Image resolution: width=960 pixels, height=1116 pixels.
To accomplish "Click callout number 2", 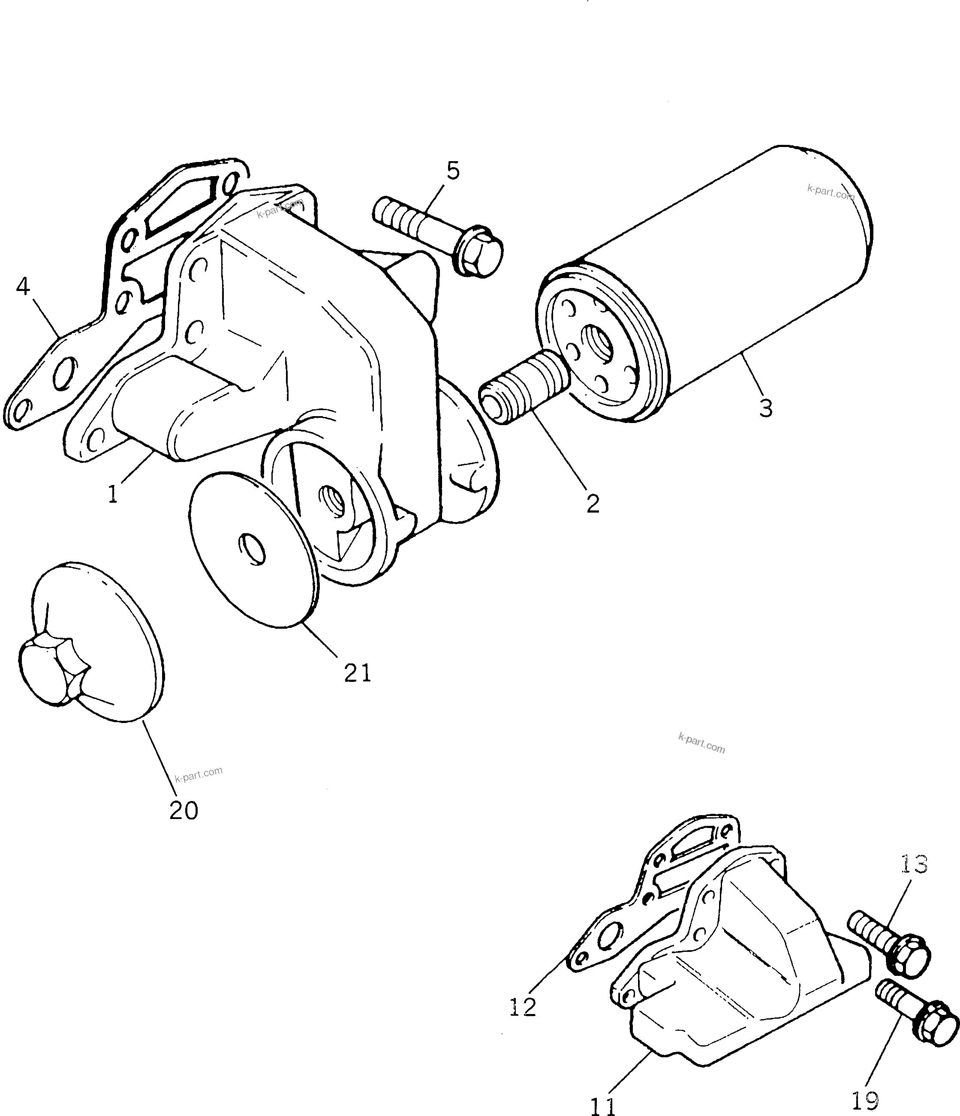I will [x=593, y=504].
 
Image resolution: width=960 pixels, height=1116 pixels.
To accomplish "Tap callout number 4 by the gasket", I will [x=23, y=287].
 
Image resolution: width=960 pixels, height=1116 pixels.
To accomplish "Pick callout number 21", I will [x=358, y=673].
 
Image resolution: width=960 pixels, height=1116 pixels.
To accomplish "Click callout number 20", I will [x=184, y=810].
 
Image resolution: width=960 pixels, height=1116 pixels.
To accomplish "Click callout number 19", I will [x=865, y=1101].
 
